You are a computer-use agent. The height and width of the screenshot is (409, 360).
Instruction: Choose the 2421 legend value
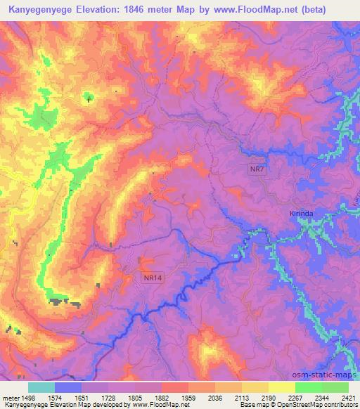point(348,397)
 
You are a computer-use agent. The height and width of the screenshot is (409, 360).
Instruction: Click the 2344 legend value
point(321,397)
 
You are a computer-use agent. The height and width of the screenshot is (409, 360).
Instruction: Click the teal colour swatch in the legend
point(41,387)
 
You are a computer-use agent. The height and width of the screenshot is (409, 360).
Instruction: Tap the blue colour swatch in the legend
point(68,387)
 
